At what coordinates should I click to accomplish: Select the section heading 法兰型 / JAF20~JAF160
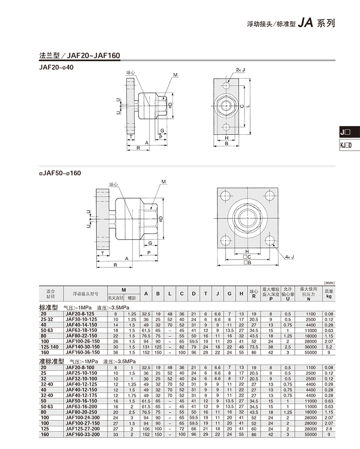tap(80, 56)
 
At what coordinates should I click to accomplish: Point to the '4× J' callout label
tap(290, 257)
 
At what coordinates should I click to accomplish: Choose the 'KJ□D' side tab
tap(346, 146)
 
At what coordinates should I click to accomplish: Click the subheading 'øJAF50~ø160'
tap(60, 173)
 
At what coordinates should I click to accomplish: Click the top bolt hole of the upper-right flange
tap(226, 85)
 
